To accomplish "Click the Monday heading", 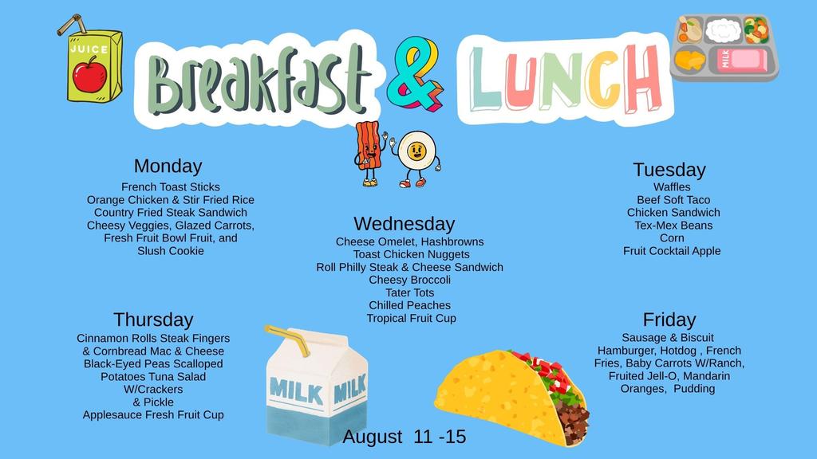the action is pyautogui.click(x=168, y=167).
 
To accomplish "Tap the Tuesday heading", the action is pyautogui.click(x=669, y=171).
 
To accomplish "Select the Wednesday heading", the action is pyautogui.click(x=405, y=224).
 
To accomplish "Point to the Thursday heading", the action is pyautogui.click(x=153, y=320).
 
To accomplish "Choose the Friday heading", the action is pyautogui.click(x=669, y=320).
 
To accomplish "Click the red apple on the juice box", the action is pyautogui.click(x=89, y=75).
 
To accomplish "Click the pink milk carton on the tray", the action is pyautogui.click(x=741, y=60).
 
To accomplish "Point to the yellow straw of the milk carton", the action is pyautogui.click(x=288, y=339).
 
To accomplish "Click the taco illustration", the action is pyautogui.click(x=513, y=397).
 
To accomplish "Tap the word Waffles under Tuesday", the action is pyautogui.click(x=672, y=186).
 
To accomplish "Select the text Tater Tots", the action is pyautogui.click(x=409, y=293).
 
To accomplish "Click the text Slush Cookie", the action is pyautogui.click(x=171, y=251).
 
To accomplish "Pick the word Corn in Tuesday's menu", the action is pyautogui.click(x=672, y=237).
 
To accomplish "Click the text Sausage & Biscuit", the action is pyautogui.click(x=668, y=338).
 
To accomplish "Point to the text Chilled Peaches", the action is pyautogui.click(x=409, y=305).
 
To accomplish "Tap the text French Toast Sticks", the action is pyautogui.click(x=171, y=186).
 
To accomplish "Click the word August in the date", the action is pyautogui.click(x=373, y=437).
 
